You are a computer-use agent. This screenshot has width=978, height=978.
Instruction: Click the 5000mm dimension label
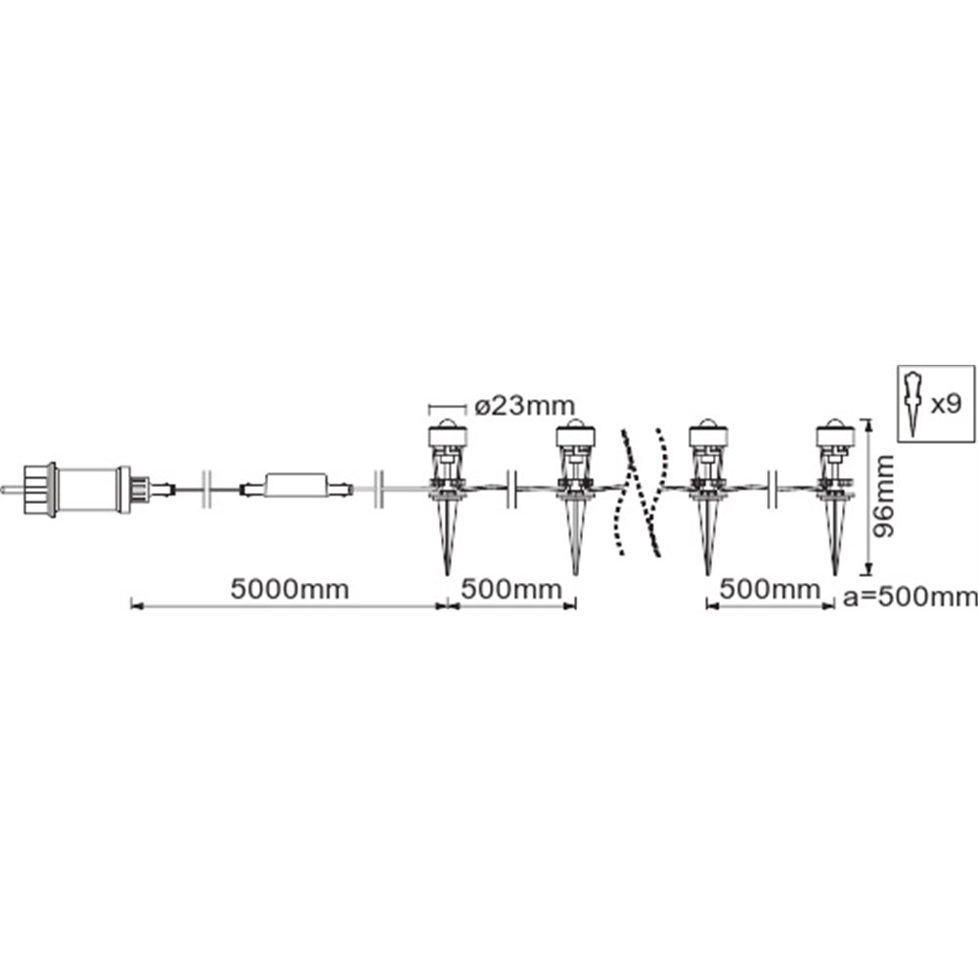pyautogui.click(x=289, y=589)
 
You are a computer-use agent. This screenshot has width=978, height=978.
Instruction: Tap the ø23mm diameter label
pyautogui.click(x=524, y=406)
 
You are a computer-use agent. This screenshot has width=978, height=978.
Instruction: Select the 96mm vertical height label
pyautogui.click(x=882, y=496)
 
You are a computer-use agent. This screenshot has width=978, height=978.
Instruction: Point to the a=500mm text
pyautogui.click(x=910, y=597)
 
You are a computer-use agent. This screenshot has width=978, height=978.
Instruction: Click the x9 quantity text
pyautogui.click(x=946, y=405)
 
